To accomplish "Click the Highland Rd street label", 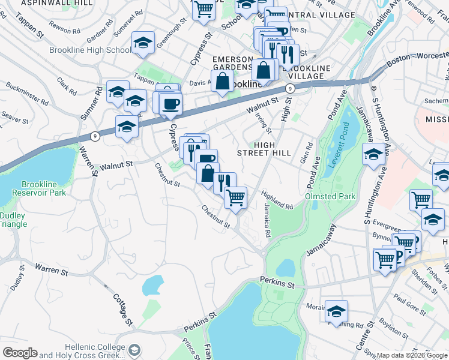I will pyautogui.click(x=277, y=200).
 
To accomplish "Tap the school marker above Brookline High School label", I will pyautogui.click(x=143, y=43).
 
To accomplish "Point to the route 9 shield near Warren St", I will pyautogui.click(x=95, y=137).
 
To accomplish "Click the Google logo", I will pyautogui.click(x=20, y=353).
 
